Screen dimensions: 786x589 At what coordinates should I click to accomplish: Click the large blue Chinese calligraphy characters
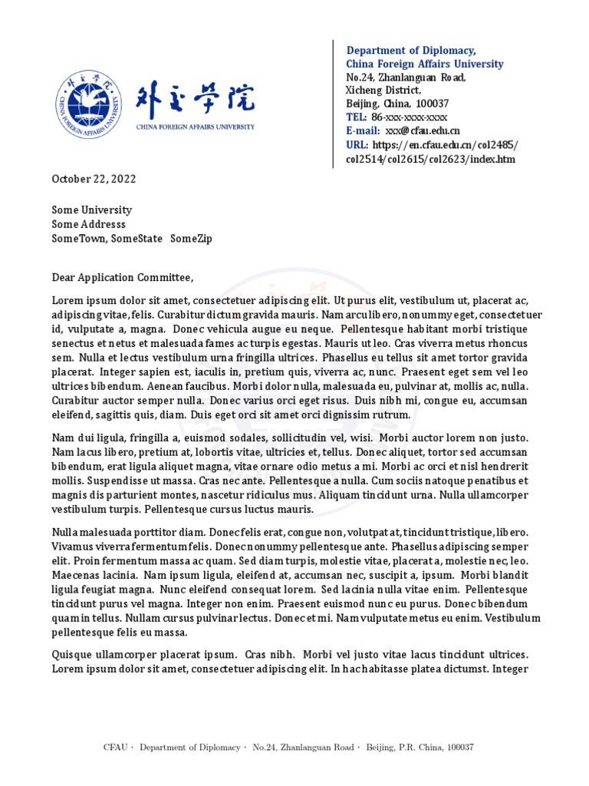(195, 99)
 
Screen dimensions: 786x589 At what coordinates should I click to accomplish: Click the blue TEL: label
(356, 117)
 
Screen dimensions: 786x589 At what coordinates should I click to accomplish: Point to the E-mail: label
(362, 131)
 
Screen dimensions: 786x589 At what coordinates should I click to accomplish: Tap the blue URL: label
(357, 145)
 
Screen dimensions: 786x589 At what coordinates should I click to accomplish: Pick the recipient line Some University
(91, 210)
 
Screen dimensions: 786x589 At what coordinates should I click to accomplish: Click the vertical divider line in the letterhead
(333, 104)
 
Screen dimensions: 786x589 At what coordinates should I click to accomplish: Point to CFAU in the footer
(116, 747)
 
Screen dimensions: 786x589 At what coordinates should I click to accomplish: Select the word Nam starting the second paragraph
(62, 438)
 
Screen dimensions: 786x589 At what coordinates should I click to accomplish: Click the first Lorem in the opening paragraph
(67, 300)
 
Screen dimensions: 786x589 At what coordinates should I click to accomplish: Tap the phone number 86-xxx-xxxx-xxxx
(409, 117)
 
